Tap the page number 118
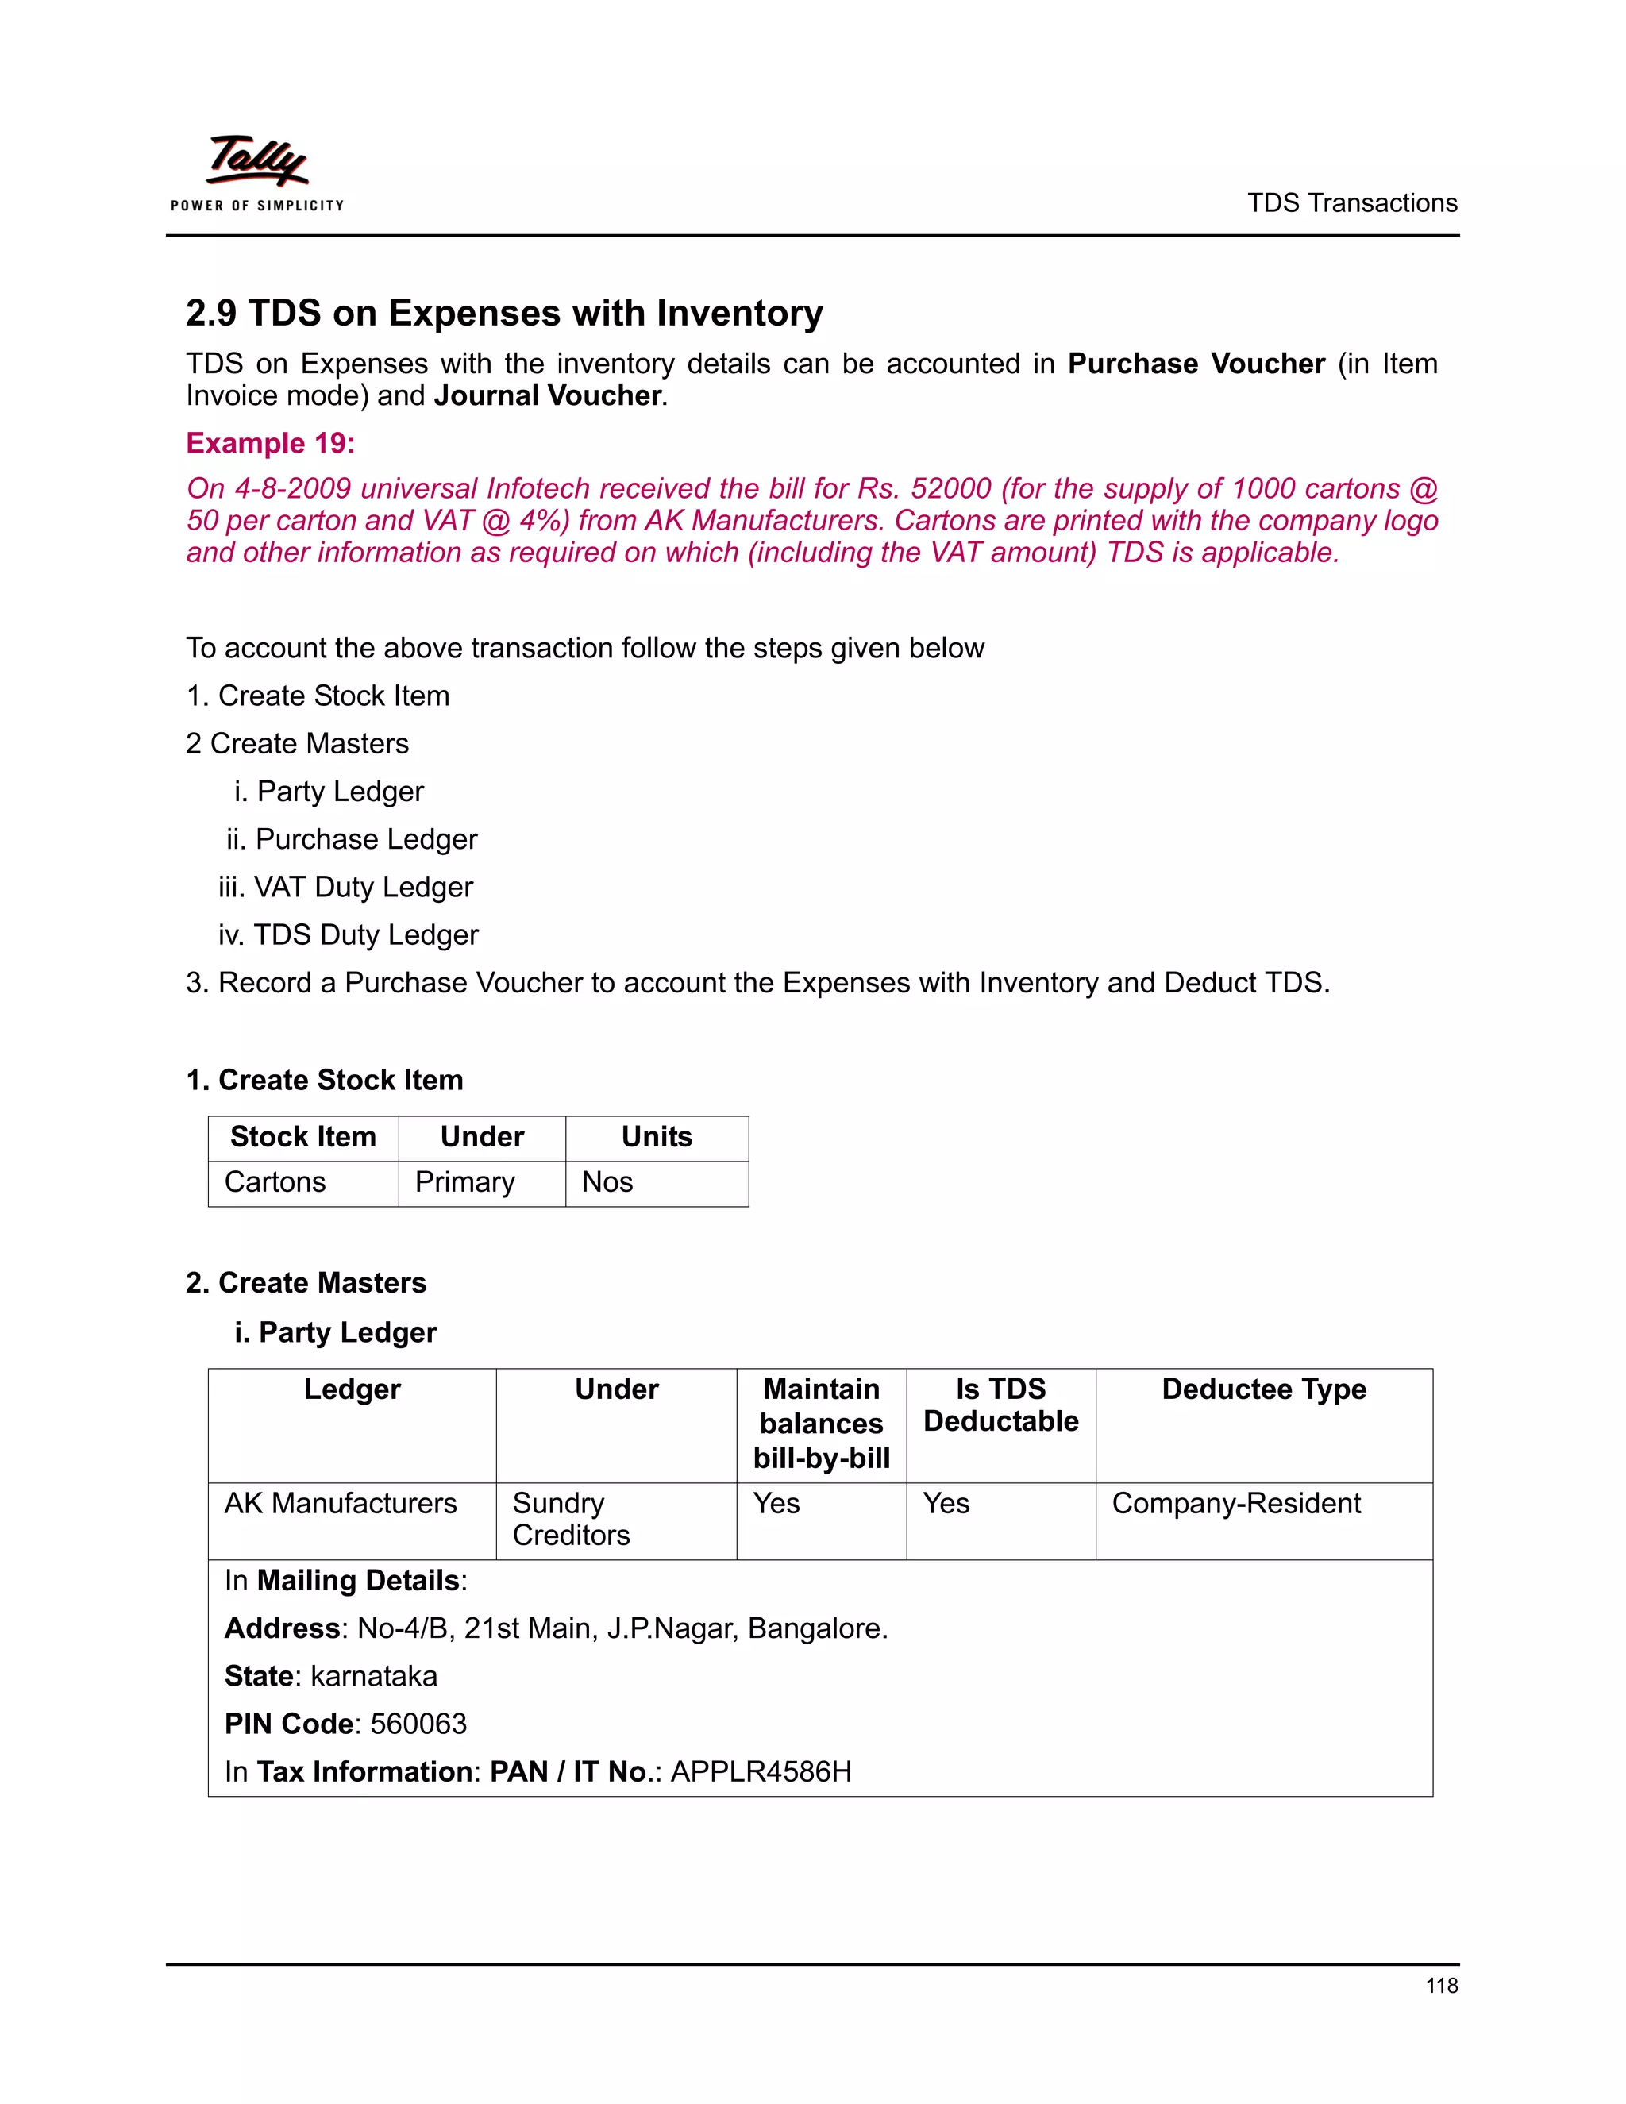1441,1986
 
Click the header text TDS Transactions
1351,203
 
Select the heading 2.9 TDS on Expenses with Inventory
504,313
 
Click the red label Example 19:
271,443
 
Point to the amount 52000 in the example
950,488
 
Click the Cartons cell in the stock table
275,1182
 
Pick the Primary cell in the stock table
464,1182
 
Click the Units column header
656,1137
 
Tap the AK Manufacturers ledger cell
340,1503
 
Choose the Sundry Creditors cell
570,1519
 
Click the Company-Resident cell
1236,1503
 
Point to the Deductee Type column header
1263,1389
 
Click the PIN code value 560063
418,1724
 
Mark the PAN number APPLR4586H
761,1771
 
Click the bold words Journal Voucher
547,396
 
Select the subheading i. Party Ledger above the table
335,1332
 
